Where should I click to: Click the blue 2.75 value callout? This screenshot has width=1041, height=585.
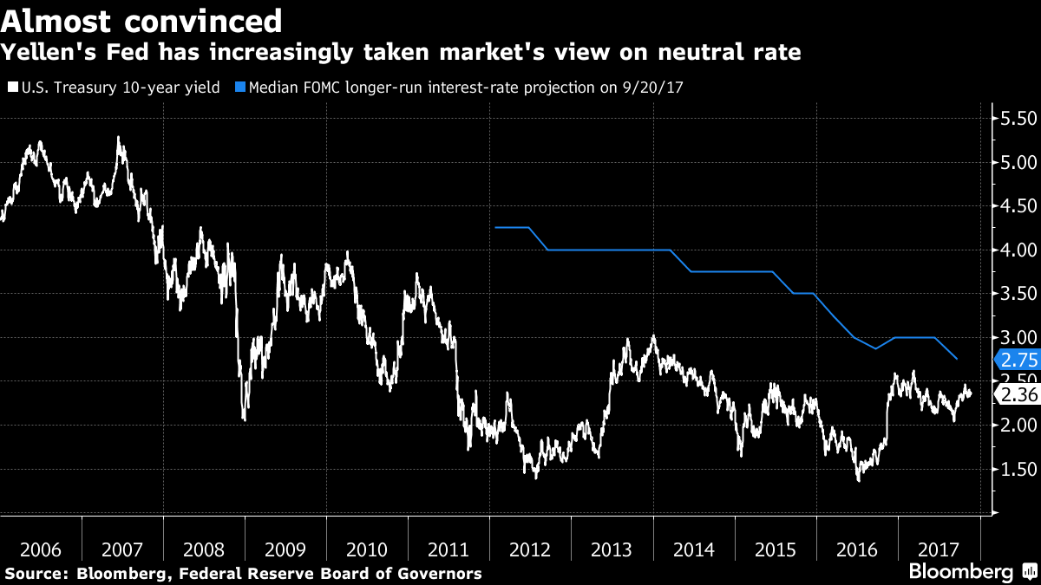(x=1018, y=360)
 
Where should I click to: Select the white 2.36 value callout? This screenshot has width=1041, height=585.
(x=1018, y=394)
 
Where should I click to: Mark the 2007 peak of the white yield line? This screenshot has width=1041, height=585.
(x=118, y=137)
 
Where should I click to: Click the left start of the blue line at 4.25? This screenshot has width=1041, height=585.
(x=494, y=227)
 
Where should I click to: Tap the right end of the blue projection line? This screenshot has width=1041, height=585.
(x=957, y=359)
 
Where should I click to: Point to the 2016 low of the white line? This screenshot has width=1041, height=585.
(x=858, y=479)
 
